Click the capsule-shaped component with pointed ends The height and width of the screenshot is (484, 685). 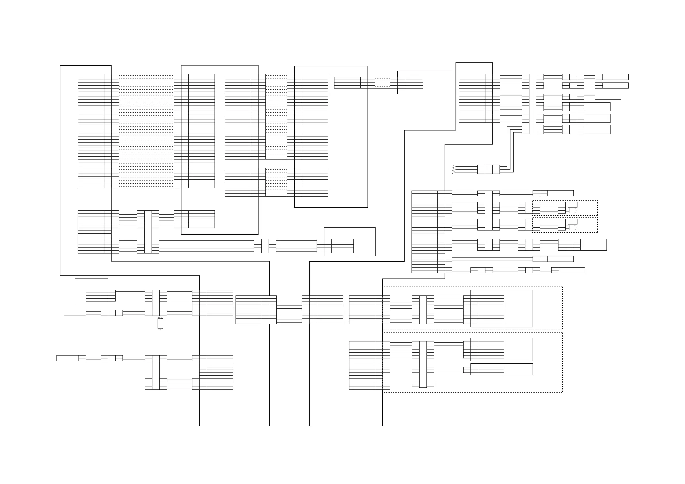pyautogui.click(x=160, y=323)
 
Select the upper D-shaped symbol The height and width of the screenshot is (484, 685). pyautogui.click(x=573, y=211)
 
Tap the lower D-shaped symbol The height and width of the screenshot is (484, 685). pyautogui.click(x=573, y=228)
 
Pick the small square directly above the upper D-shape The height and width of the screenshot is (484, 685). pyautogui.click(x=573, y=205)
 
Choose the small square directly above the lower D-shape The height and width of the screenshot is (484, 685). pyautogui.click(x=573, y=222)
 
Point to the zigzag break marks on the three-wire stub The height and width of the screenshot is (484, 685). pyautogui.click(x=454, y=169)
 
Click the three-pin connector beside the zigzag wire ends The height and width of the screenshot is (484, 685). pyautogui.click(x=488, y=169)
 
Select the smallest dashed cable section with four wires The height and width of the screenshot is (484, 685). pyautogui.click(x=382, y=82)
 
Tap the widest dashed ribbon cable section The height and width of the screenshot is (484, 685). pyautogui.click(x=146, y=130)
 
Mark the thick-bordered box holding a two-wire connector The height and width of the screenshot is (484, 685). pyautogui.click(x=502, y=369)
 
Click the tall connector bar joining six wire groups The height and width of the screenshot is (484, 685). pyautogui.click(x=533, y=103)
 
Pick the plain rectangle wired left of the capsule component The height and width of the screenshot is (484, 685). pyautogui.click(x=74, y=313)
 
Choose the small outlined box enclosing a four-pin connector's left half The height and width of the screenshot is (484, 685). pyautogui.click(x=91, y=291)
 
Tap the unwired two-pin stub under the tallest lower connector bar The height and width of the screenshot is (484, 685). pyautogui.click(x=423, y=384)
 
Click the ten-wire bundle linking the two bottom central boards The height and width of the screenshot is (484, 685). pyautogui.click(x=289, y=310)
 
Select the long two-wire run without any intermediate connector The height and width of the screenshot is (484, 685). pyautogui.click(x=492, y=259)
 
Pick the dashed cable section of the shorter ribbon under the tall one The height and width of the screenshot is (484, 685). pyautogui.click(x=276, y=182)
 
